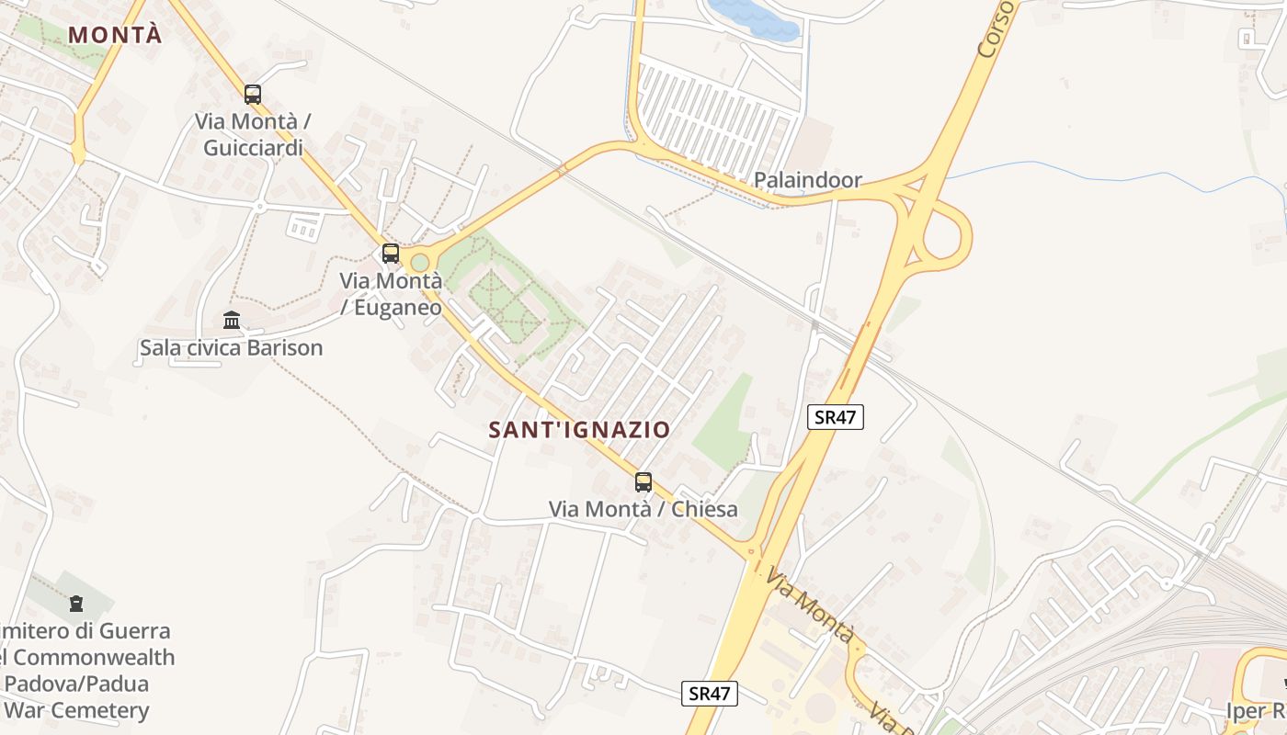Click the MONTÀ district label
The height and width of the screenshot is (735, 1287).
pyautogui.click(x=115, y=35)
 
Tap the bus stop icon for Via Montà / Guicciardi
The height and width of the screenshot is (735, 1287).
pyautogui.click(x=253, y=94)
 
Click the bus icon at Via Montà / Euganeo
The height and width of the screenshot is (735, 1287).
pyautogui.click(x=391, y=254)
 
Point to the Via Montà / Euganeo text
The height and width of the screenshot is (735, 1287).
pyautogui.click(x=391, y=294)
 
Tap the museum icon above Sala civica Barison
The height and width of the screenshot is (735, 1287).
pyautogui.click(x=232, y=321)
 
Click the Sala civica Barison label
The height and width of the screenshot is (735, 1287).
pyautogui.click(x=232, y=348)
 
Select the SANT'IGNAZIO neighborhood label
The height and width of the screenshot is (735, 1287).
pyautogui.click(x=579, y=429)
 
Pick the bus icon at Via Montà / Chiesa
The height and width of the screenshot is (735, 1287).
pyautogui.click(x=643, y=481)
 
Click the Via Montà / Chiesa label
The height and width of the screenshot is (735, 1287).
pyautogui.click(x=643, y=509)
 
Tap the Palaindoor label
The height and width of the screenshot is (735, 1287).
pyautogui.click(x=808, y=180)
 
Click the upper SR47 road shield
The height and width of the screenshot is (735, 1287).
pyautogui.click(x=836, y=417)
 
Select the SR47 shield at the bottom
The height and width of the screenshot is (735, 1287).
pyautogui.click(x=711, y=693)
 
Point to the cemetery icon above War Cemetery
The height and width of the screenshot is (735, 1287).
pyautogui.click(x=75, y=604)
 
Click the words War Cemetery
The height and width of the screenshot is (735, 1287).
pyautogui.click(x=75, y=710)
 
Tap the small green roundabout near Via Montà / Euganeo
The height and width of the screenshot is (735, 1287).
pyautogui.click(x=420, y=263)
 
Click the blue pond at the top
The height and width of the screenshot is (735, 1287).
pyautogui.click(x=754, y=18)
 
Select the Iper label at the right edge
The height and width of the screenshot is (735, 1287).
pyautogui.click(x=1256, y=711)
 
